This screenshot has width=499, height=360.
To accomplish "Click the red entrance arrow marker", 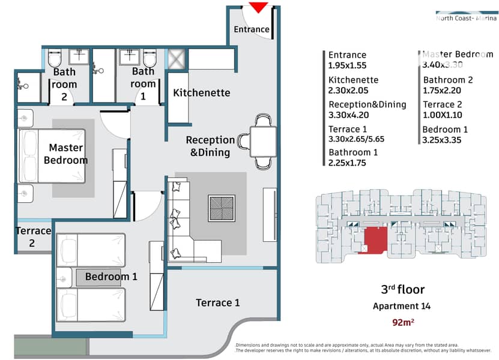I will [258, 7].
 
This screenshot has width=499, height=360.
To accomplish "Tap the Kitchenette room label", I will [202, 93].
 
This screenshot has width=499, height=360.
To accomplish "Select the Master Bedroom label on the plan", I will [66, 154].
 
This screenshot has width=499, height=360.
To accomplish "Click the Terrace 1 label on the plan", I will [217, 302].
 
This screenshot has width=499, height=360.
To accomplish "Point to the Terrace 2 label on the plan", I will [34, 236].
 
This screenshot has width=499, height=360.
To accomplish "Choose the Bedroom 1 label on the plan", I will [111, 277].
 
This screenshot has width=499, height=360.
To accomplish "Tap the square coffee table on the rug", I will [222, 208].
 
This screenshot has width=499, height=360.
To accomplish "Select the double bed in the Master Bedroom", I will [52, 156].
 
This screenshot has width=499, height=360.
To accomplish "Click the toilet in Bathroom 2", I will [55, 58].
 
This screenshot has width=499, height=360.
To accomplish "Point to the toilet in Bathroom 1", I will [150, 58].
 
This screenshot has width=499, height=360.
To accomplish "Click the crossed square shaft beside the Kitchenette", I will [177, 59].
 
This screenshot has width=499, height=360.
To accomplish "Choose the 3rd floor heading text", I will [403, 289].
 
